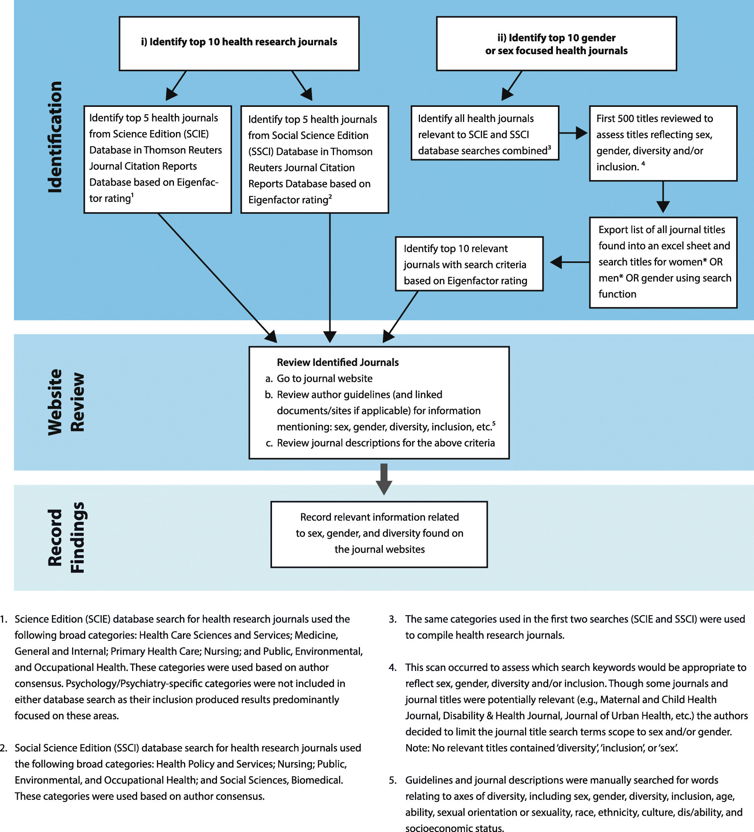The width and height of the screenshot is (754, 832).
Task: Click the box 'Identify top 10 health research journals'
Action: point(239,43)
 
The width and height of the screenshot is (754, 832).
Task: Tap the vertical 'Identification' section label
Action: point(55,137)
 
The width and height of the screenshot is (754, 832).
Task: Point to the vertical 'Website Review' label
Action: point(66,402)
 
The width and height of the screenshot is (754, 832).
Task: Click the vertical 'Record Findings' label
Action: point(66,537)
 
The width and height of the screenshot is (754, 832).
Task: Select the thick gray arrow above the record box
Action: point(384,479)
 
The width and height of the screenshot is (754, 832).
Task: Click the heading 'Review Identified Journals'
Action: point(337,362)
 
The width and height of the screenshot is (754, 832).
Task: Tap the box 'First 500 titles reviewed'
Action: point(662,143)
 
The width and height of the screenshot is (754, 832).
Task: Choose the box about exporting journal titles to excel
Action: point(662,262)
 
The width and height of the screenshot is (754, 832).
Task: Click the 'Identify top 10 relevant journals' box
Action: point(469,264)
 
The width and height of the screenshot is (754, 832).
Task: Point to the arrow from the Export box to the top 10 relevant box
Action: point(570,262)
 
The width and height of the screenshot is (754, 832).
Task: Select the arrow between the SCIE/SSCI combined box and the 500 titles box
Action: point(573,133)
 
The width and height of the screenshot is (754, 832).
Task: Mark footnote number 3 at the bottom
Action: point(392,619)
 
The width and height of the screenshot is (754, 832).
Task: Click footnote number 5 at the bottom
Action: point(392,780)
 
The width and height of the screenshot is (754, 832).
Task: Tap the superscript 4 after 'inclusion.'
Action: point(643,164)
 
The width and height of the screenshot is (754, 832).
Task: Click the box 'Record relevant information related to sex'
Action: point(379,534)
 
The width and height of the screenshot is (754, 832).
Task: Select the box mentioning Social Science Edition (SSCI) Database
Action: point(314,159)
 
